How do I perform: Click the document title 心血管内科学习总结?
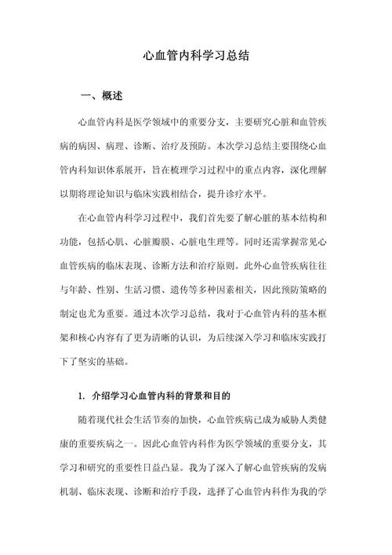196,57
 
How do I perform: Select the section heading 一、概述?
102,97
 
